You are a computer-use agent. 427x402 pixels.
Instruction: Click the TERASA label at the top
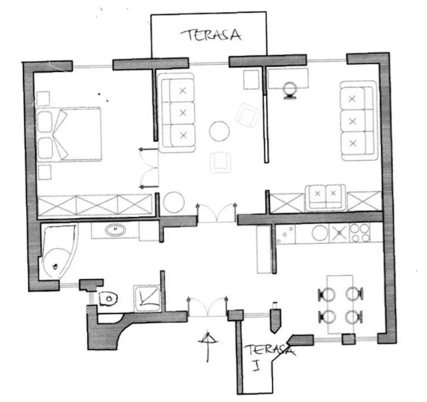click(211, 35)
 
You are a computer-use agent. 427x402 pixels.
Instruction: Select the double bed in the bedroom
click(69, 134)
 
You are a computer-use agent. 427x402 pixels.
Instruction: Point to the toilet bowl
click(108, 297)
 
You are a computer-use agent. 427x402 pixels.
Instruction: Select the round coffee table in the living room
click(219, 131)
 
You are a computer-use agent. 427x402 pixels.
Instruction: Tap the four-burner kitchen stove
click(360, 233)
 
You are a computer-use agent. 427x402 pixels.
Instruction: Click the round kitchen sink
click(320, 233)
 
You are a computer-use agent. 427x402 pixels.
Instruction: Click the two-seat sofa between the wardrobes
click(325, 197)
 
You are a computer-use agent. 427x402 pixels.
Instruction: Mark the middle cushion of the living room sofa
click(182, 113)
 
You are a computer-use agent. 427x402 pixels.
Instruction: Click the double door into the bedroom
click(149, 167)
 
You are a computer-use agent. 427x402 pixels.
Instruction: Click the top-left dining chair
click(327, 294)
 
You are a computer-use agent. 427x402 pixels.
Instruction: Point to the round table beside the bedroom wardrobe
click(174, 202)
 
